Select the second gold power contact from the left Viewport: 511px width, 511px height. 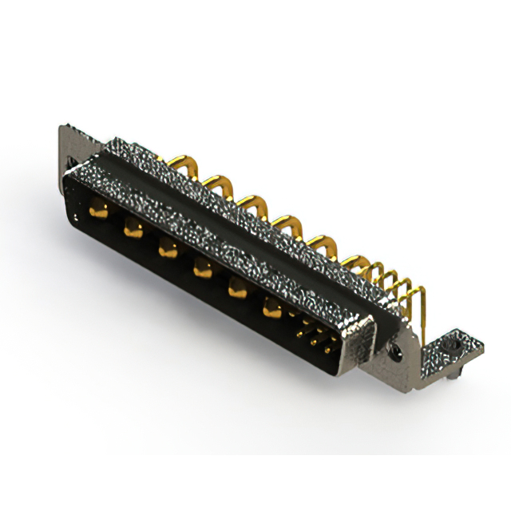[132, 229]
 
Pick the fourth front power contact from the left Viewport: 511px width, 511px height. [200, 270]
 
